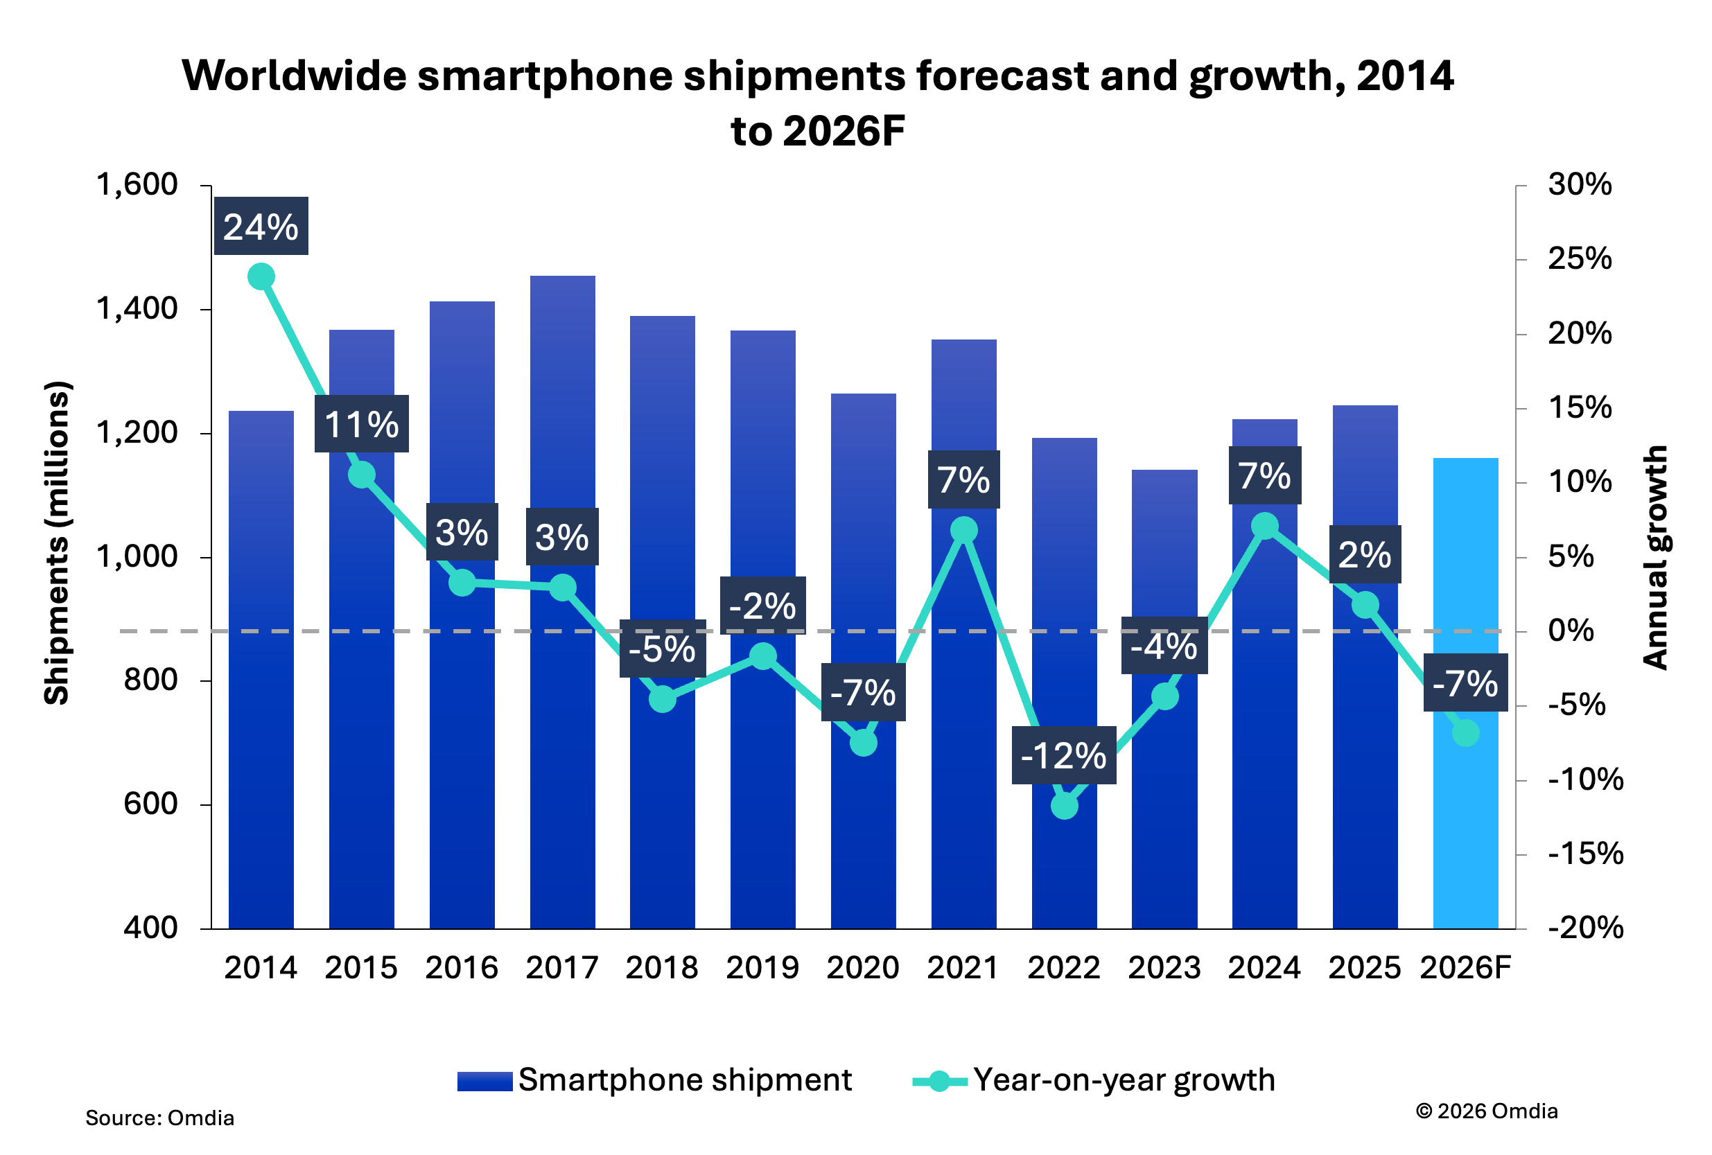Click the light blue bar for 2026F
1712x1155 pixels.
tap(1465, 810)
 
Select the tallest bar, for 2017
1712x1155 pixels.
tap(562, 773)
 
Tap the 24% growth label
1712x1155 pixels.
tap(261, 226)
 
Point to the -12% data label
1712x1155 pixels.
tap(1063, 755)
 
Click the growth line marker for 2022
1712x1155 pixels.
tap(1064, 806)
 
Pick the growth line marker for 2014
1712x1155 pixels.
tap(261, 277)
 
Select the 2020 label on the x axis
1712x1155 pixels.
tap(863, 967)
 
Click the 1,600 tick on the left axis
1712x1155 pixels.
tap(138, 184)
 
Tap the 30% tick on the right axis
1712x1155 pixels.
tap(1580, 184)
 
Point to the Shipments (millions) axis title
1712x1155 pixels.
tap(57, 543)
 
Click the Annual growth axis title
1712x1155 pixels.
tap(1654, 557)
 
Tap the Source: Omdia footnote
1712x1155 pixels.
tap(160, 1118)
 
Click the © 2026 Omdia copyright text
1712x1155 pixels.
tap(1486, 1111)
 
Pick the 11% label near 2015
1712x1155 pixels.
tap(361, 424)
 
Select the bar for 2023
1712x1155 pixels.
tap(1164, 810)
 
